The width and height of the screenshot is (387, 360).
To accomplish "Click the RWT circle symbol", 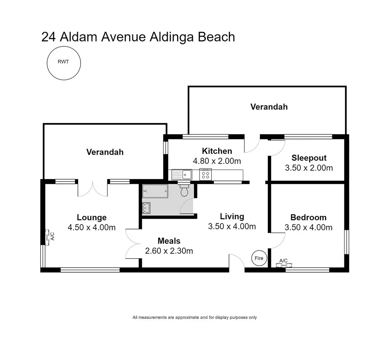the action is [x=64, y=63].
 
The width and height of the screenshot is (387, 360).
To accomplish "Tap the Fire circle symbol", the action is [x=259, y=258].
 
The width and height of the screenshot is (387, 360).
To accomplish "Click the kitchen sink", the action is [x=182, y=174].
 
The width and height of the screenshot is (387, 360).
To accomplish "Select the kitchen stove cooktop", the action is [x=205, y=174].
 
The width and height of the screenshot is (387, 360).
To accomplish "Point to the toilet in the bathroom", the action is [x=184, y=191].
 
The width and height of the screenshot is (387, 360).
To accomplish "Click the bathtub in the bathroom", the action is [x=155, y=191].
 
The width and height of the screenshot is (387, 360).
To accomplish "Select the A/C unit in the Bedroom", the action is [x=284, y=265].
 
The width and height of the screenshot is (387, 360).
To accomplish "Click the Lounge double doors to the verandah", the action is [x=93, y=188].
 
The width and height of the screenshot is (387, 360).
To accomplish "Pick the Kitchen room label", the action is [x=217, y=151].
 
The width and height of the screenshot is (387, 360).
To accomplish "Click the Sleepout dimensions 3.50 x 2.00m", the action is [x=309, y=168].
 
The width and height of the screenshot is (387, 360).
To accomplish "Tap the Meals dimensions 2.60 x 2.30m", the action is [x=169, y=251].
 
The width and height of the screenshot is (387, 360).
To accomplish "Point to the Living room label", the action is [x=232, y=216].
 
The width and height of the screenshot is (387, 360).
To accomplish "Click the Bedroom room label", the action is [x=308, y=217].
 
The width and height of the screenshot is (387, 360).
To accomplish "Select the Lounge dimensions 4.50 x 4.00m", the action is [x=92, y=227].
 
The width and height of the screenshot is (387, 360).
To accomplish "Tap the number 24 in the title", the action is [x=49, y=37].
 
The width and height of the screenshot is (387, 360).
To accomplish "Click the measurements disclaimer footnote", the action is [x=195, y=317].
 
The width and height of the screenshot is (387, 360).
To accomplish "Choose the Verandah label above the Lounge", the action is [x=105, y=152].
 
